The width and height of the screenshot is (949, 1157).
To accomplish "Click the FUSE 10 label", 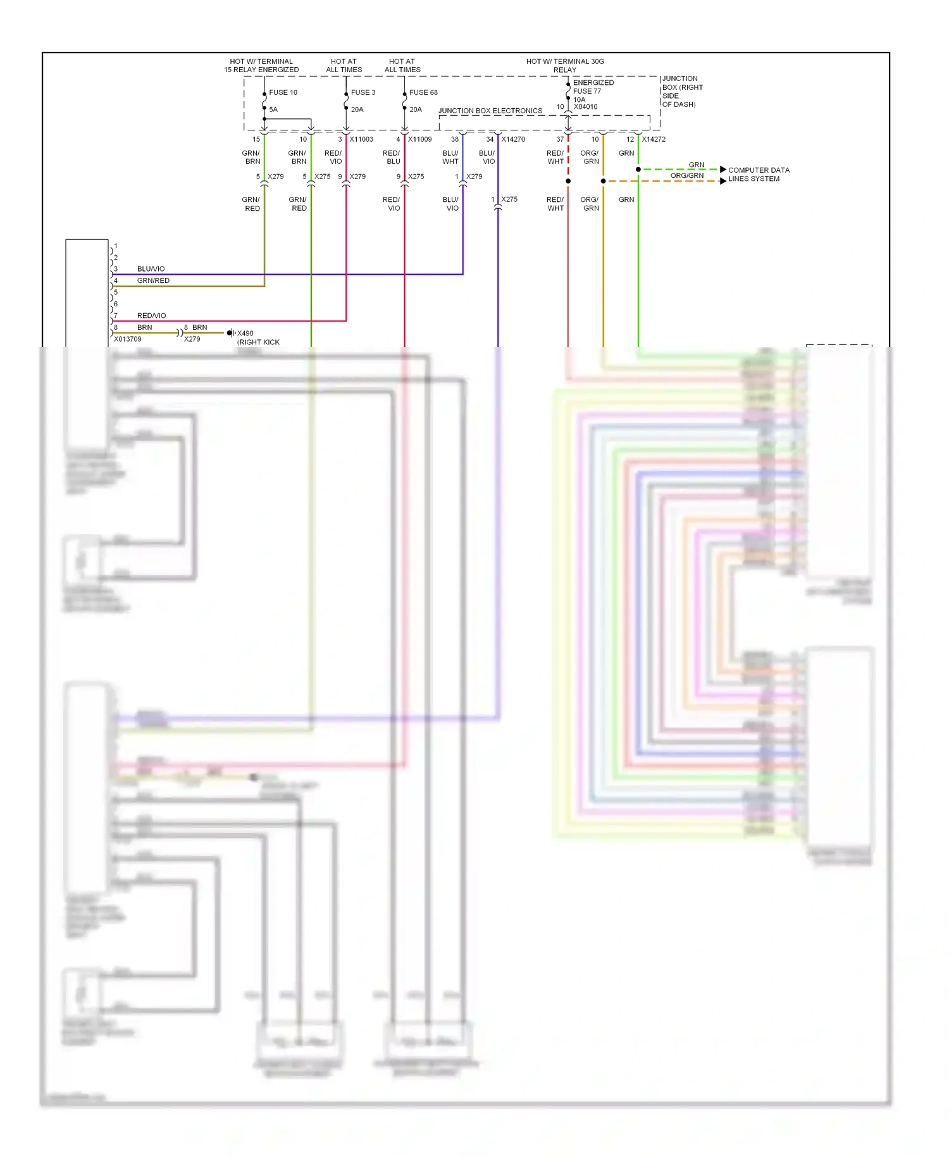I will point(283,92).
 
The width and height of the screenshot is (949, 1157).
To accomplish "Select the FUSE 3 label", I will point(363,92).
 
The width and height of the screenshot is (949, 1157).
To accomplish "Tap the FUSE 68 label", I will point(423,92).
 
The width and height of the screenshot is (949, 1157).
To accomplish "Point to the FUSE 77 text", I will point(587,91).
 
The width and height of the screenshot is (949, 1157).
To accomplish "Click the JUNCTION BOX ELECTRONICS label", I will point(490,111).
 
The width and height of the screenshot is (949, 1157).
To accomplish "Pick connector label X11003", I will point(361,139).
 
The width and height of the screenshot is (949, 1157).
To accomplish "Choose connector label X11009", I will point(419,139).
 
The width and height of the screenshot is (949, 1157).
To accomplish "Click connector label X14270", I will point(513,139).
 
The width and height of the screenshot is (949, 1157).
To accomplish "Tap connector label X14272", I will point(654,139).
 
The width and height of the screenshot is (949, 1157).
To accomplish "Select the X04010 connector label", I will point(585,107).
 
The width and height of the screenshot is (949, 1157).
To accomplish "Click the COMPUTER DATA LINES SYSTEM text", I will point(759,175).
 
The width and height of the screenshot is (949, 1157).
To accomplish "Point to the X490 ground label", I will point(245,334).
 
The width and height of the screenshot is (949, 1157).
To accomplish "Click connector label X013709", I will point(128,339).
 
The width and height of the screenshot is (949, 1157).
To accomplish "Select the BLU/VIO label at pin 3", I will point(151,269).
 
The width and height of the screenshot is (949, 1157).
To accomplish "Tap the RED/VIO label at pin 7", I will point(151,316).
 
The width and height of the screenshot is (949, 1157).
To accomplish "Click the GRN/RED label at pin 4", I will point(153,280).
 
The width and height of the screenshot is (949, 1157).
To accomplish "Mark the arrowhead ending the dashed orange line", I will point(723,181).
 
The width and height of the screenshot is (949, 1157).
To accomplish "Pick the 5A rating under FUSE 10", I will point(273,109).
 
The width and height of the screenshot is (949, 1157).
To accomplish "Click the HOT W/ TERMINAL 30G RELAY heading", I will point(565,66).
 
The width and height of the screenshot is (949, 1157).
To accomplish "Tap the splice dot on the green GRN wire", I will point(638,170).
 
